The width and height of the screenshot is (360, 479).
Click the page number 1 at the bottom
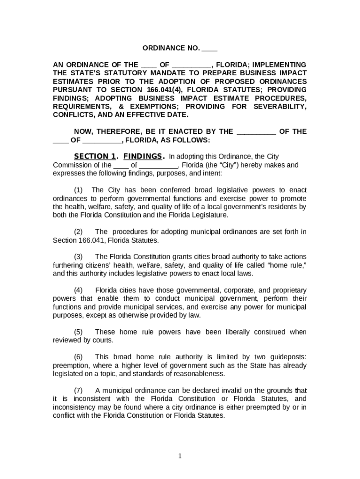pos(180,457)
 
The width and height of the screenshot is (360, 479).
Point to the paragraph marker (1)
pos(79,190)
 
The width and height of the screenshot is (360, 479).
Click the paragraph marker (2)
pos(79,232)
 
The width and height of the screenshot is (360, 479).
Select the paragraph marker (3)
pos(79,257)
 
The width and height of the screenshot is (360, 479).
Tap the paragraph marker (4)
pos(79,290)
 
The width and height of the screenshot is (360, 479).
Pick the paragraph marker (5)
pos(79,332)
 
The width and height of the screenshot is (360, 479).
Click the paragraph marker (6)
pos(79,357)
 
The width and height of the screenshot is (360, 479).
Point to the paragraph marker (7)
pos(79,391)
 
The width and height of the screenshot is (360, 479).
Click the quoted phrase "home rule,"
pos(288,265)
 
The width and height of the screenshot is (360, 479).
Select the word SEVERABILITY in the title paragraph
pos(280,106)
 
